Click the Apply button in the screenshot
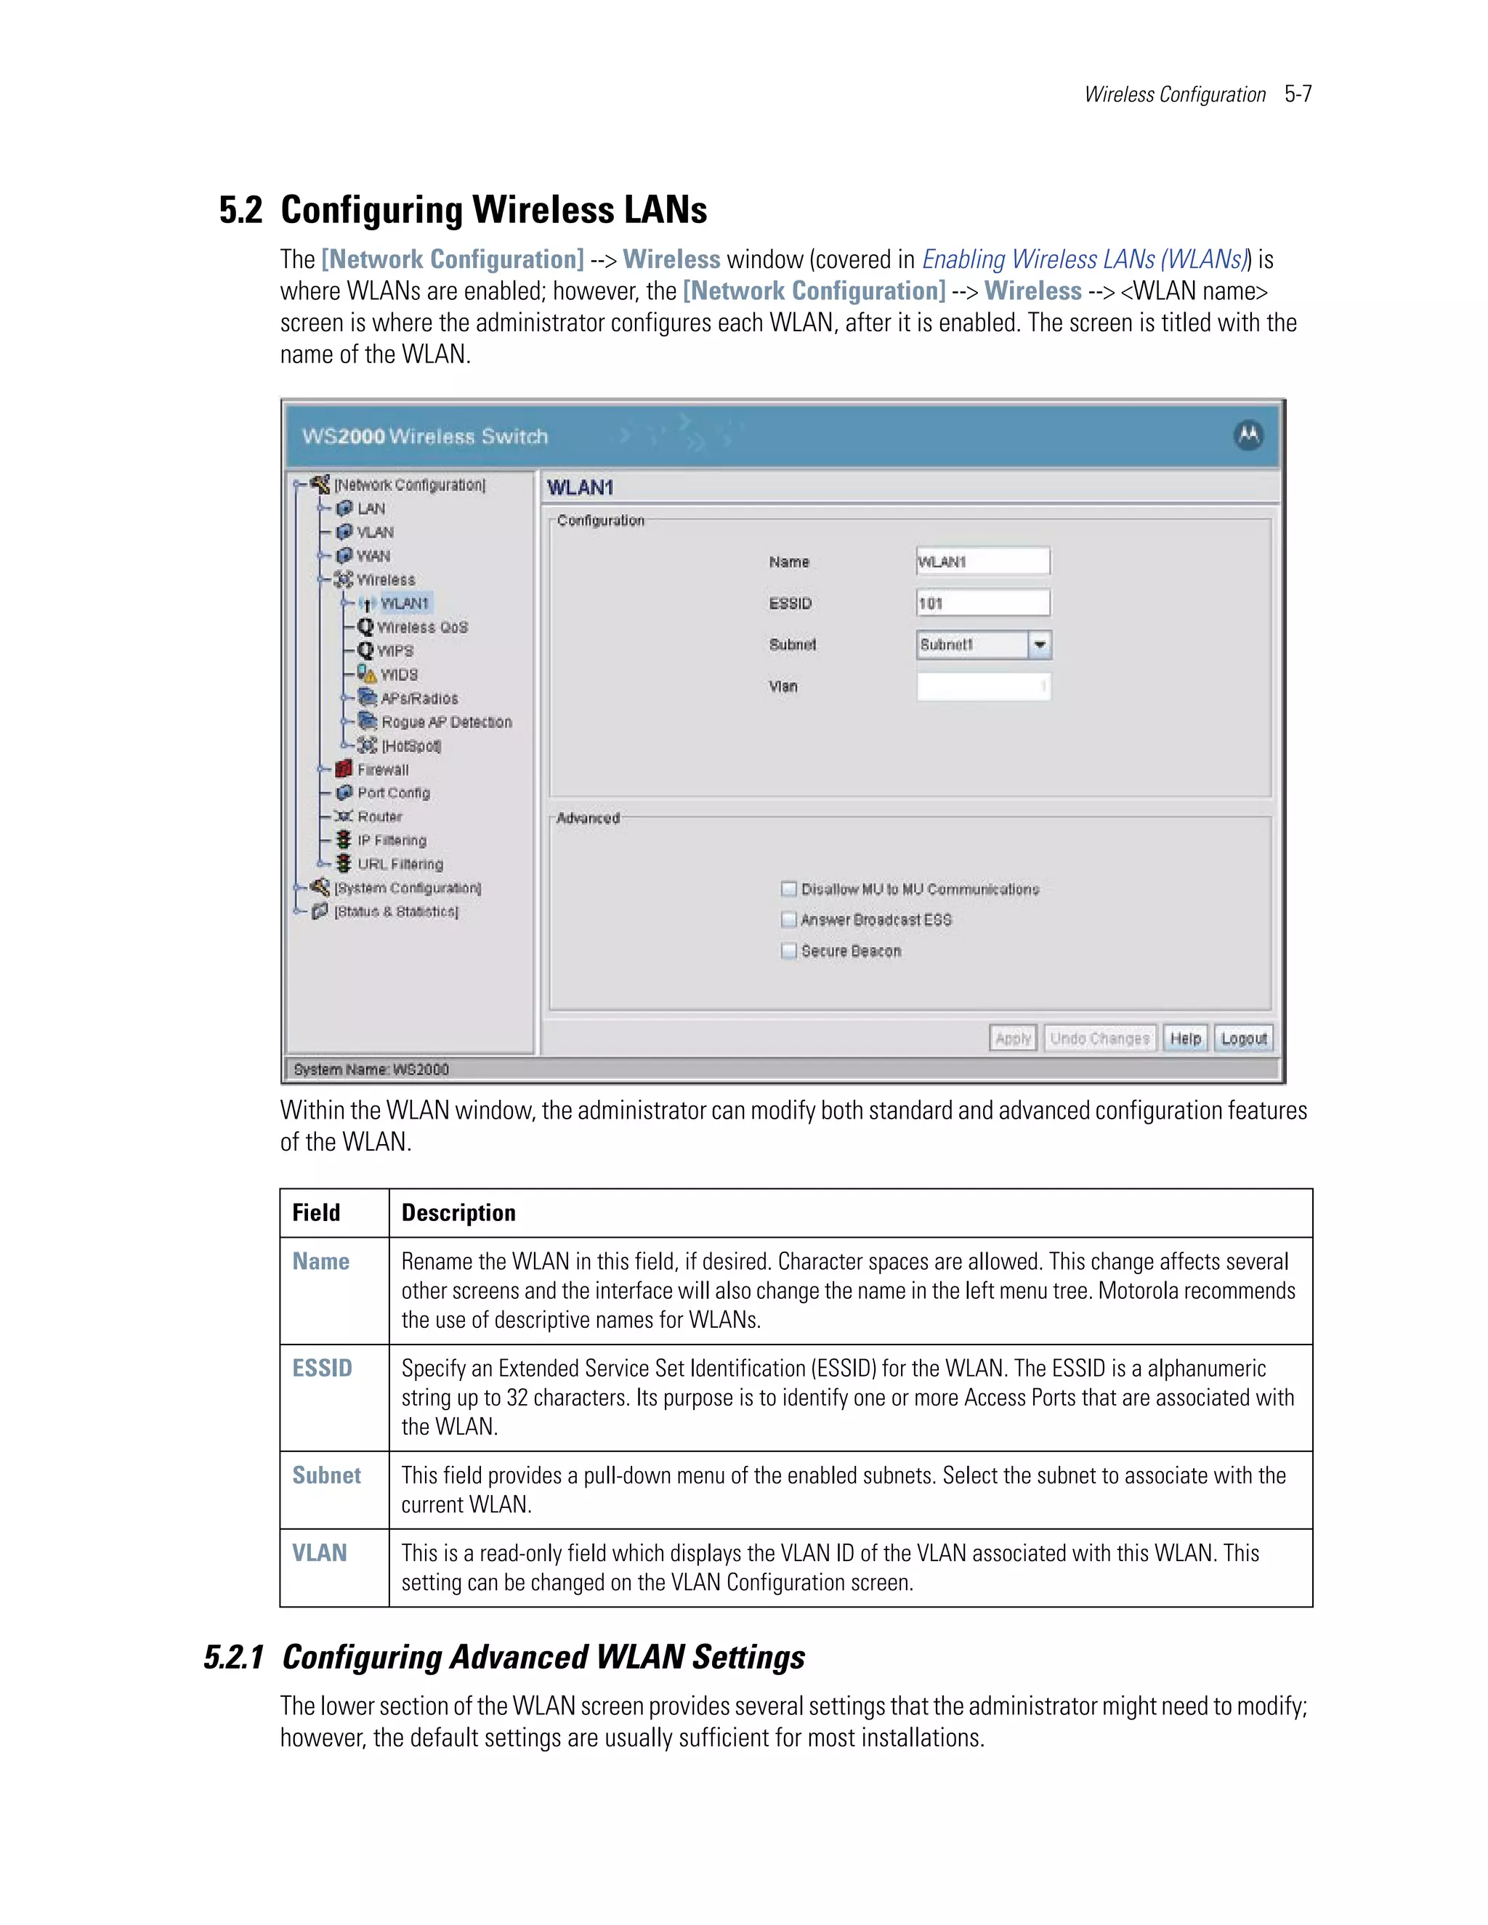[x=1013, y=1038]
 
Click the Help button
[x=1185, y=1038]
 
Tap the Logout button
[x=1243, y=1038]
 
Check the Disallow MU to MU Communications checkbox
[x=789, y=888]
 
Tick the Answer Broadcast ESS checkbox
[x=789, y=920]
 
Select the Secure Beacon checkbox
[x=789, y=950]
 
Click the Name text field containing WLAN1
[x=982, y=562]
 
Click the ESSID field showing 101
[x=982, y=603]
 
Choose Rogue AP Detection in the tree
[x=446, y=722]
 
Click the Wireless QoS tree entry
[x=422, y=627]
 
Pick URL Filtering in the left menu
[x=400, y=864]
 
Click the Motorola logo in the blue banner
[x=1248, y=434]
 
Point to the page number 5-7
[x=1298, y=94]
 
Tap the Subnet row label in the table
[x=326, y=1475]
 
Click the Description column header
[x=458, y=1213]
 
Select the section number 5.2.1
[x=234, y=1657]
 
